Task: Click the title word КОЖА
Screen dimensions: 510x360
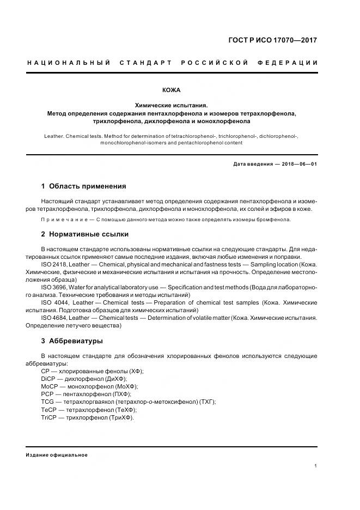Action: pos(172,90)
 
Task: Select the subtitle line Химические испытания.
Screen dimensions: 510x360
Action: pos(172,105)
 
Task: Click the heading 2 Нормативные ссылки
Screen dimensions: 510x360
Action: pos(85,234)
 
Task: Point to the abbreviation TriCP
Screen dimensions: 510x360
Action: pos(48,417)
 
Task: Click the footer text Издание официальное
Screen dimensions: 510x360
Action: pos(57,455)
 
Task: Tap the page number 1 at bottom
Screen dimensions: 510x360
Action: pos(316,465)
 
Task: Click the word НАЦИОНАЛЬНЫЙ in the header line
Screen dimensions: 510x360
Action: pos(65,63)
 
